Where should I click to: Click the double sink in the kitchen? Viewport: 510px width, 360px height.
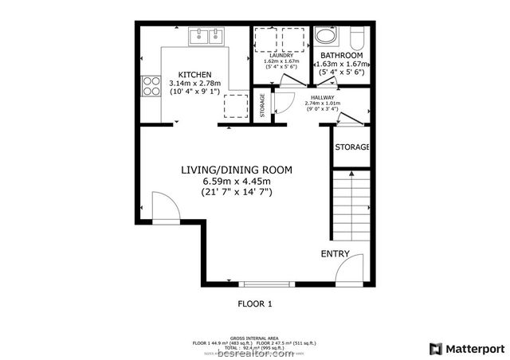tap(206, 36)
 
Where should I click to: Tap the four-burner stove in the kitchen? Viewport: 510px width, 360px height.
tap(149, 85)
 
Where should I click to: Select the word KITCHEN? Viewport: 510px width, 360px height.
tap(194, 74)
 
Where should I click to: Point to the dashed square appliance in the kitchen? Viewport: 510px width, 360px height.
tap(235, 105)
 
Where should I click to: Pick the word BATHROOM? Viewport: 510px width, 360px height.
tap(341, 56)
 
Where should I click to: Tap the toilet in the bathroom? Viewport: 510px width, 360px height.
tap(356, 37)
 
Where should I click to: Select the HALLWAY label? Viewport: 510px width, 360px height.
tap(323, 96)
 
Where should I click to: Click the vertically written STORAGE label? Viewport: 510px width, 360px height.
tap(263, 106)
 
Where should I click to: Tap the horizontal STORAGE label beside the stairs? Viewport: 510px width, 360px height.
tap(351, 147)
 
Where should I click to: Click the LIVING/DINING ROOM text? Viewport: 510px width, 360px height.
tap(236, 170)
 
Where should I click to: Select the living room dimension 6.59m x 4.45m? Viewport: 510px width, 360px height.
tap(237, 181)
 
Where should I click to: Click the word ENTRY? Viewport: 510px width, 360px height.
tap(335, 254)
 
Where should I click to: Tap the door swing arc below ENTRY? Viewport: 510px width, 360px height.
tap(349, 271)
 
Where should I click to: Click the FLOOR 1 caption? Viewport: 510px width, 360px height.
tap(256, 303)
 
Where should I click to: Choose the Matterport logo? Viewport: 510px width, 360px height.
tap(467, 348)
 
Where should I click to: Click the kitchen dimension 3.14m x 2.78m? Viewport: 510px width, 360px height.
tap(194, 84)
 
